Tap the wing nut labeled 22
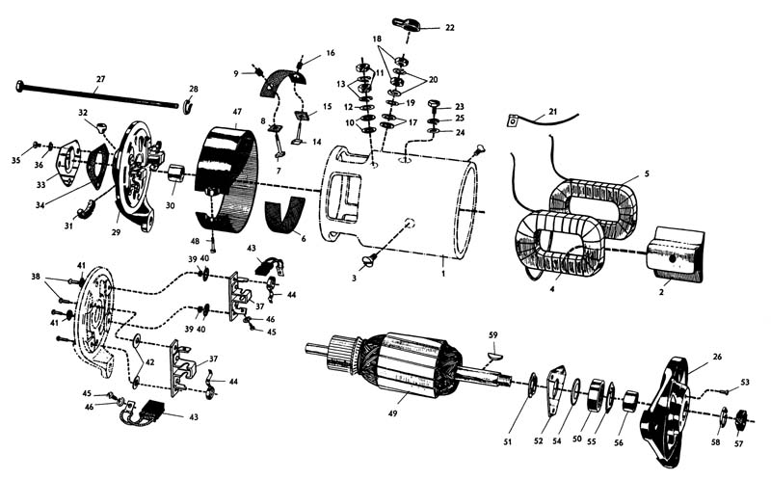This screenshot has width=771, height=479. (x=409, y=24)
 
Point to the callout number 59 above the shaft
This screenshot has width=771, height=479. (x=492, y=335)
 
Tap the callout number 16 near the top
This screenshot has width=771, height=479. (x=331, y=53)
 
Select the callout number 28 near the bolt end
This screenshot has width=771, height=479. (x=193, y=90)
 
